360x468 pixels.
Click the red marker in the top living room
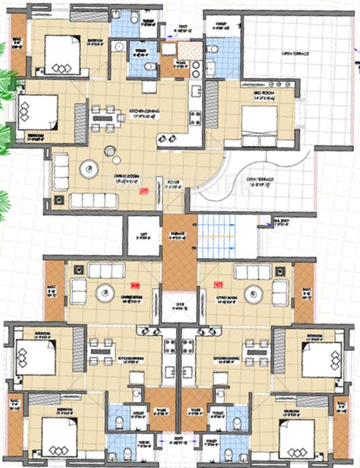point(144,191)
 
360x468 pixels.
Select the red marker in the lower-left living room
point(135,283)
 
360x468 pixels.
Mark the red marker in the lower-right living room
point(217,283)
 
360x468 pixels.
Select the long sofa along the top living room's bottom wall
point(93,200)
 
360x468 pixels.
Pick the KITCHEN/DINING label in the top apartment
point(142,111)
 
